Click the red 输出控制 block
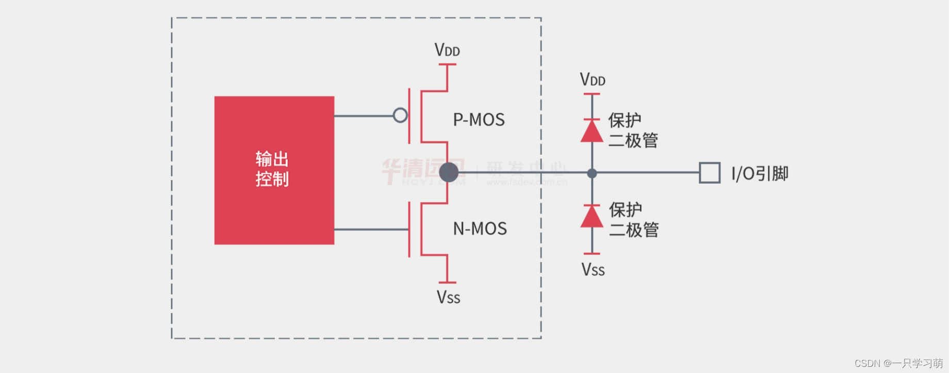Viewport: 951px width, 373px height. (274, 170)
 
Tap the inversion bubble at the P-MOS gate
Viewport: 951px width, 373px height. (400, 115)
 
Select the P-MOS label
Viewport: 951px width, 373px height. (479, 120)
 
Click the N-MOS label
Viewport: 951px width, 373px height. (480, 229)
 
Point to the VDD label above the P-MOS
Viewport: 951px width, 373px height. (447, 50)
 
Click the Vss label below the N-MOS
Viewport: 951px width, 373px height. (448, 297)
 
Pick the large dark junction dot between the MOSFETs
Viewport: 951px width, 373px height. (449, 172)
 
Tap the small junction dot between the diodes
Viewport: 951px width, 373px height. (592, 173)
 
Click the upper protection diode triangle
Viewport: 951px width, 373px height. (592, 131)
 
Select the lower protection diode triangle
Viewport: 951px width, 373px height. (592, 216)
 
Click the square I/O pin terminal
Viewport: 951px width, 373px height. (710, 173)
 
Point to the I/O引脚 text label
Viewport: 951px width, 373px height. (760, 174)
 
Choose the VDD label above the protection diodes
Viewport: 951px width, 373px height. (593, 79)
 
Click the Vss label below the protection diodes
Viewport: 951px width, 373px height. (593, 269)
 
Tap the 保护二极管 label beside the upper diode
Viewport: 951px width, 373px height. (633, 130)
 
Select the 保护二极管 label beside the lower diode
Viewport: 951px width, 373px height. (633, 219)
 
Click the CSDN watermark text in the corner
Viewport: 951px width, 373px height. (898, 363)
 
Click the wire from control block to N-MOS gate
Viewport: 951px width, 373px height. (371, 229)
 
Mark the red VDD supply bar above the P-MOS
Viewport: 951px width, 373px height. (447, 64)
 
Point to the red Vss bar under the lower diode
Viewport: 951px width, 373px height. (592, 253)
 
